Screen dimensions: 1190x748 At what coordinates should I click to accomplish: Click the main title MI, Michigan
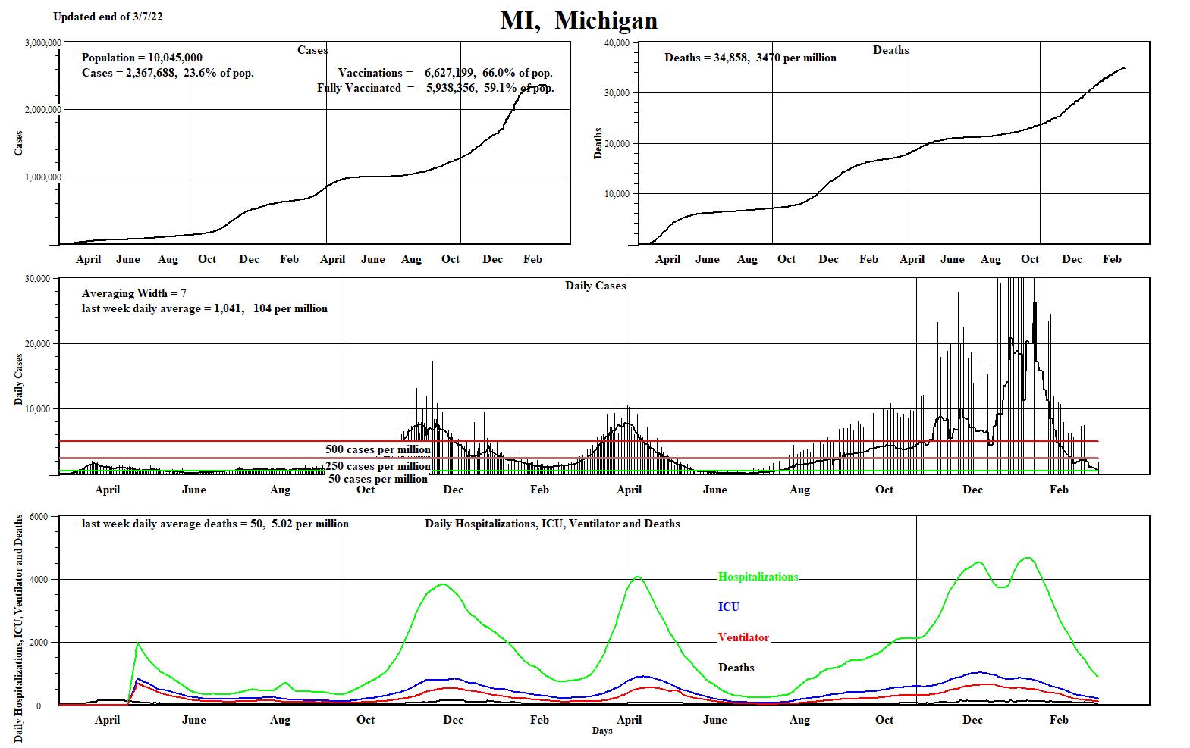(x=579, y=20)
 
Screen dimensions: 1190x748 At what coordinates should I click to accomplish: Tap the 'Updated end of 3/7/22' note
(x=108, y=17)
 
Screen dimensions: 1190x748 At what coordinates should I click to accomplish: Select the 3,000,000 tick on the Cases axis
(x=43, y=42)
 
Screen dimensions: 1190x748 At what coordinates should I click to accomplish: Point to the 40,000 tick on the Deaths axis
(x=617, y=42)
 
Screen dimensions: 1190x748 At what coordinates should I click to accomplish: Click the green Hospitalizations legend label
(x=758, y=577)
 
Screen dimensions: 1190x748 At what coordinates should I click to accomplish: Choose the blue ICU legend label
(x=728, y=607)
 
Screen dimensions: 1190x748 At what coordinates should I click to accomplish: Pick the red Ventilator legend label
(x=743, y=637)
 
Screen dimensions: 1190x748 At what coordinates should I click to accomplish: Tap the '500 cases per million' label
(x=378, y=449)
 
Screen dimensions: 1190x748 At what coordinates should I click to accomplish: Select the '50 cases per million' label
(x=378, y=479)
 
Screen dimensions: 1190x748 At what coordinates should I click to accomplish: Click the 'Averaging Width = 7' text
(x=134, y=293)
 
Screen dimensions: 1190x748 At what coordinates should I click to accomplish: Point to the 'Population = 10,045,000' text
(x=142, y=58)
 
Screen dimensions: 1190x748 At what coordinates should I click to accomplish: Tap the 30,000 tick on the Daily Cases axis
(x=37, y=279)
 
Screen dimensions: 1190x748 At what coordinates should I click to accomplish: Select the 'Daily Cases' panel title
(x=595, y=286)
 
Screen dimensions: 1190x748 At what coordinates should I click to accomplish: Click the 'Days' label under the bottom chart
(x=602, y=731)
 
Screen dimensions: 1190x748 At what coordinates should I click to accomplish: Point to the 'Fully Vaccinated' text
(x=360, y=88)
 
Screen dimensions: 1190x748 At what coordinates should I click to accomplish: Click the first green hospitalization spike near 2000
(x=137, y=643)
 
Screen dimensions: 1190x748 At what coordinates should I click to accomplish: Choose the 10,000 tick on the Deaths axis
(x=617, y=194)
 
